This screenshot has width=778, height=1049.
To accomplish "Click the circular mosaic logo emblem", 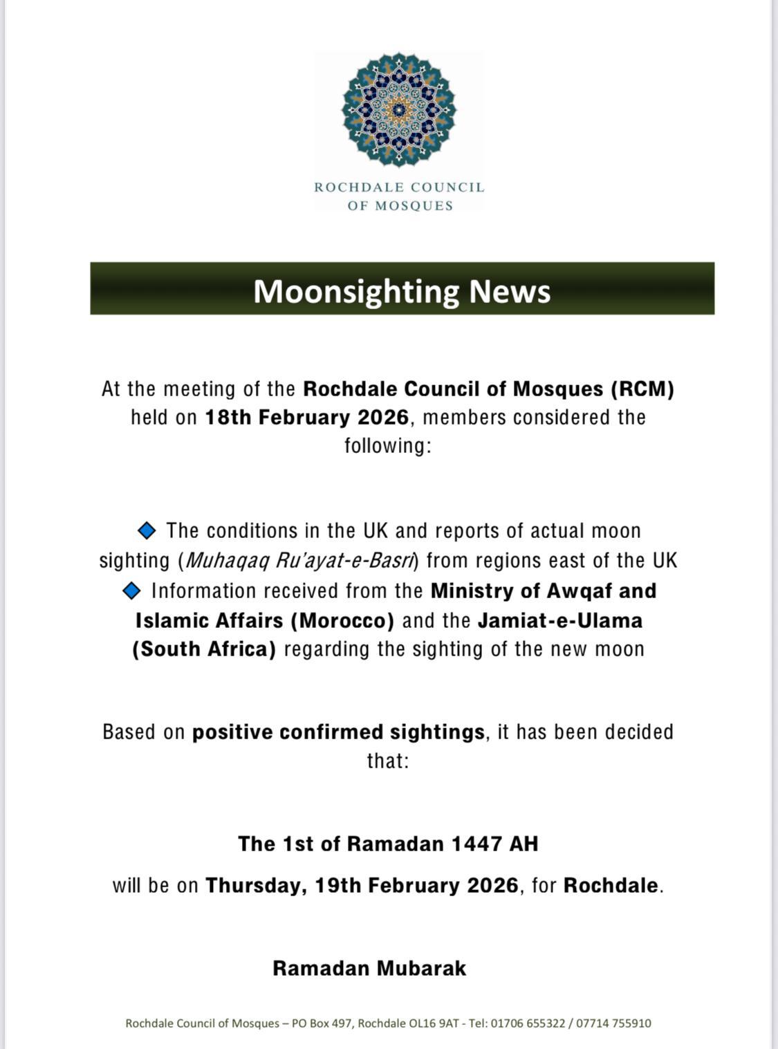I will click(x=399, y=109).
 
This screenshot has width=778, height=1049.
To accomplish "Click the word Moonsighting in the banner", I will click(x=356, y=291).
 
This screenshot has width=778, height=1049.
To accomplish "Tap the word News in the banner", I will click(x=510, y=291).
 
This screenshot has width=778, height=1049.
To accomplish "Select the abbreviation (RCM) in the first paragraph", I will click(x=642, y=389).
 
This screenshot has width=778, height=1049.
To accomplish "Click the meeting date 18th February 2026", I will click(x=307, y=418).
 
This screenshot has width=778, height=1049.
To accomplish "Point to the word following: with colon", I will click(x=388, y=445).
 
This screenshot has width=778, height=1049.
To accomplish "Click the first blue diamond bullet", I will click(x=147, y=530).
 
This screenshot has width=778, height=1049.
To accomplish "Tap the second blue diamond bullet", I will click(x=131, y=591).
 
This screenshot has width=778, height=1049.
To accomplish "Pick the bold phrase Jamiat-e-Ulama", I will click(x=560, y=620).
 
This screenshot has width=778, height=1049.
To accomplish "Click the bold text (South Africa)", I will click(x=204, y=649).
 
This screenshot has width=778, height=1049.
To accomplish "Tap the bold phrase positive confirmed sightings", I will click(x=338, y=732).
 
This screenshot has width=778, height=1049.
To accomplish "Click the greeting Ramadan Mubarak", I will click(x=369, y=968).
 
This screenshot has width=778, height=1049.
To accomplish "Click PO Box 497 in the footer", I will click(x=322, y=1023).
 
